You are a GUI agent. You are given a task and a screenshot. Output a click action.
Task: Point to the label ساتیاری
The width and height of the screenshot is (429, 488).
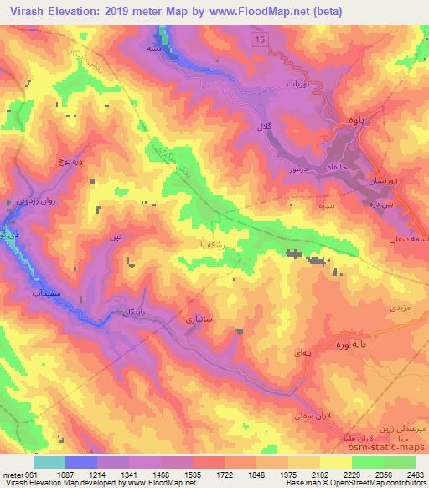[x=187, y=319]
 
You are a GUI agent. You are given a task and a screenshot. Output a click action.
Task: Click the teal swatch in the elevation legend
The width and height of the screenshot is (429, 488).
[x=49, y=462]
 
